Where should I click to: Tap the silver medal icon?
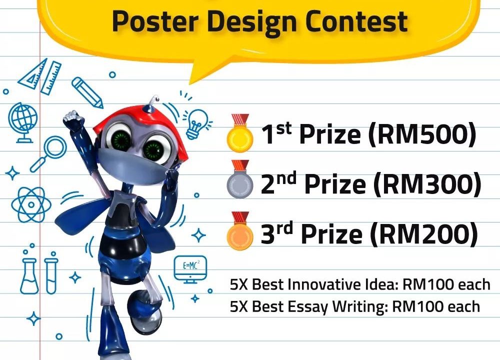click(240, 179)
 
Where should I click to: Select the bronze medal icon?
click(240, 230)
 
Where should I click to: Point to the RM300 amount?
click(427, 184)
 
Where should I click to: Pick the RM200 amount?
click(424, 233)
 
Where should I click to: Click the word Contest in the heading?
click(356, 21)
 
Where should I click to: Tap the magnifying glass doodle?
click(48, 153)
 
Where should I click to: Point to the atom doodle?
click(31, 204)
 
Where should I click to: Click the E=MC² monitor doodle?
click(190, 269)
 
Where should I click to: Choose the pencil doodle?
click(87, 92)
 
